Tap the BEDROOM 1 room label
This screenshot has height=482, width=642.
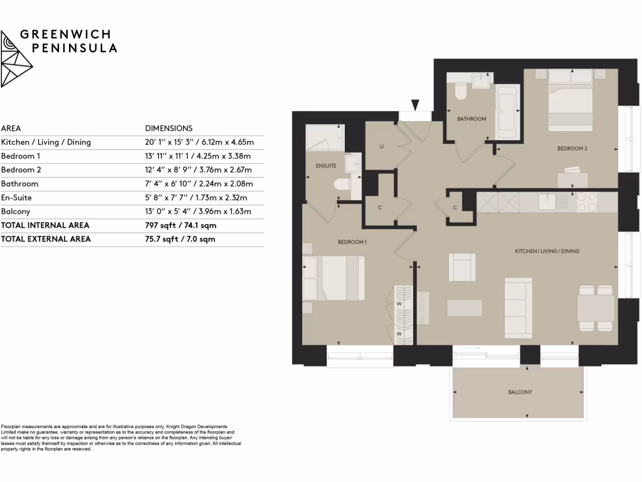(352, 242)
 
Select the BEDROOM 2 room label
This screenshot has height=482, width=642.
(572, 149)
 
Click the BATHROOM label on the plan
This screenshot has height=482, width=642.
(471, 119)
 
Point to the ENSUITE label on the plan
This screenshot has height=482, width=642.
(326, 166)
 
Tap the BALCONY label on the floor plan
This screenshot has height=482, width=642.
(520, 392)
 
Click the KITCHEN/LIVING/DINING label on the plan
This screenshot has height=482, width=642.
(547, 251)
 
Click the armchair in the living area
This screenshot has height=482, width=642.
(461, 267)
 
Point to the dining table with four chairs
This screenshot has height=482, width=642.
(595, 308)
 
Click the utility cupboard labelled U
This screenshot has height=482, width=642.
(382, 147)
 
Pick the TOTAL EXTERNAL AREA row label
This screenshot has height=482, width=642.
(46, 239)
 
